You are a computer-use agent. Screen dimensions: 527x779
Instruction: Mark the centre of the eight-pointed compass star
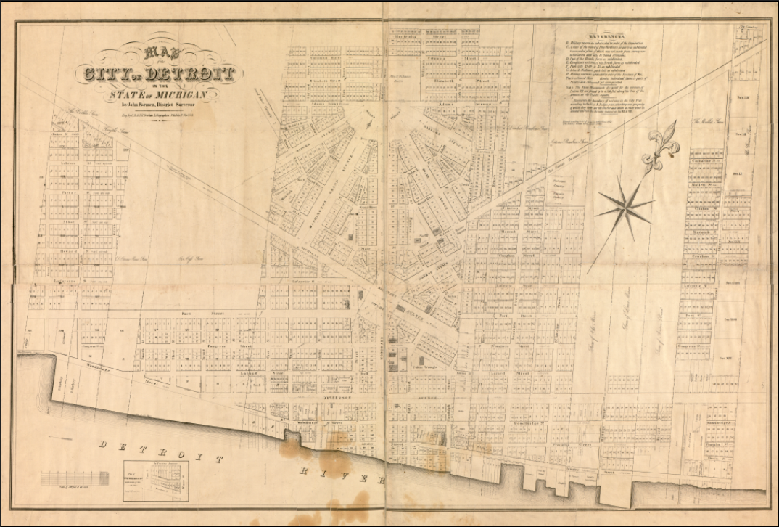pyautogui.click(x=625, y=209)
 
